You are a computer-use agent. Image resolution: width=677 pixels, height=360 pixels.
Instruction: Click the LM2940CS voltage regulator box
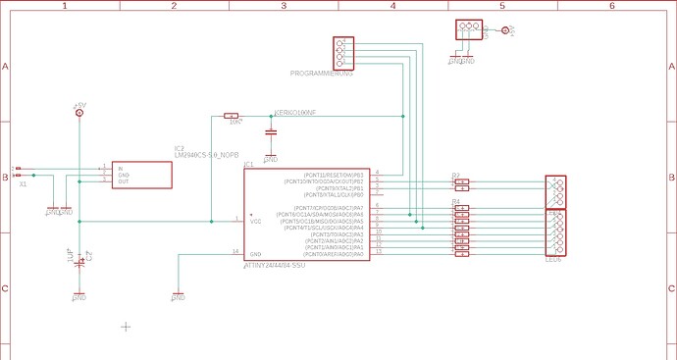tap(142, 175)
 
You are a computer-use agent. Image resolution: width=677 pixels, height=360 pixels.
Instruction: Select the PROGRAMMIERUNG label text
tap(321, 74)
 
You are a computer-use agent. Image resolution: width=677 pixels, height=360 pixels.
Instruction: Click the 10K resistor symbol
tap(233, 116)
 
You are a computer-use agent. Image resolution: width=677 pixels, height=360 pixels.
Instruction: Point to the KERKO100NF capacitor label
tap(296, 113)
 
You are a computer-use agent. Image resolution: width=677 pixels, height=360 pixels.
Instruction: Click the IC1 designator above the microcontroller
tap(249, 164)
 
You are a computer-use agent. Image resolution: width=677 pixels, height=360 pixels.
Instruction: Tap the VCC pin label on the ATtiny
tap(256, 221)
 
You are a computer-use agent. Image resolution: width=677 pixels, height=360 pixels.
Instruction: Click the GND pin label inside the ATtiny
tap(255, 254)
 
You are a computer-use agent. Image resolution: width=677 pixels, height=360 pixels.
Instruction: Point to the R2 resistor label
tap(455, 175)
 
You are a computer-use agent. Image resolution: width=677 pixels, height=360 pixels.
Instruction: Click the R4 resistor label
tap(455, 200)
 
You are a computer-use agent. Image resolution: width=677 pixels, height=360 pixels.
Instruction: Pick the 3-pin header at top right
tap(469, 29)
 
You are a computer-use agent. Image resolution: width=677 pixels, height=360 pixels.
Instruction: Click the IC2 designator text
tap(180, 148)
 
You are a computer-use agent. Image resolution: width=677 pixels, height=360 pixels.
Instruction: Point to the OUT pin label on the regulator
tap(124, 181)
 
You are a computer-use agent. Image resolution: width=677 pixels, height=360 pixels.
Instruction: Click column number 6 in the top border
tap(611, 6)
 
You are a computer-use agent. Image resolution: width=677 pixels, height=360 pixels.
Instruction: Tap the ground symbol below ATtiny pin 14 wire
tap(178, 295)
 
